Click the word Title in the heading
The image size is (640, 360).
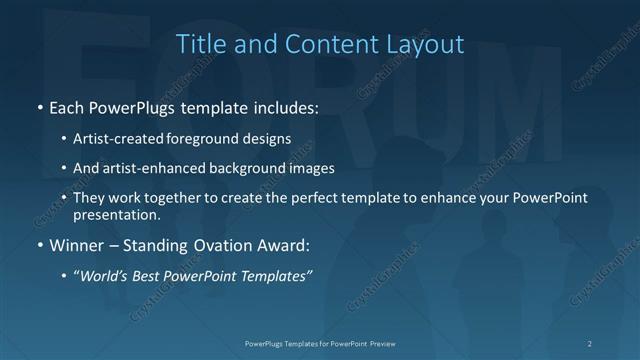tap(199, 44)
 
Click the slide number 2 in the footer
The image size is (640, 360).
tap(590, 343)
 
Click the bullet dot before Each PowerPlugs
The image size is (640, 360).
tap(39, 105)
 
